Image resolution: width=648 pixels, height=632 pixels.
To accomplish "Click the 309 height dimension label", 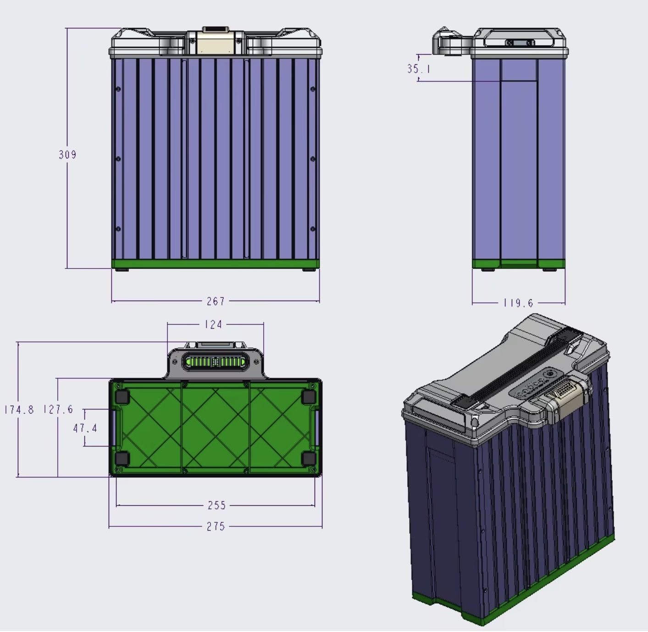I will point(67,155).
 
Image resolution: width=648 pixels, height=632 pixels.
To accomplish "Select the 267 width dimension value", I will point(216,301).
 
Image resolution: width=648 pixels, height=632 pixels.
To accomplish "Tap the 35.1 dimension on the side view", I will point(418,69).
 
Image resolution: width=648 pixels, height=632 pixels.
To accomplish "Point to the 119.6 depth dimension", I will point(518,303).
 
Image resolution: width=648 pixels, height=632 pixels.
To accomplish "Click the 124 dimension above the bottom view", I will point(213,324).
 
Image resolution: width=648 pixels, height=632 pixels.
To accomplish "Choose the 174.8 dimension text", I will point(19,409).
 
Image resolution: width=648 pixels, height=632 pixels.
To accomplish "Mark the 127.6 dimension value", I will point(58,409).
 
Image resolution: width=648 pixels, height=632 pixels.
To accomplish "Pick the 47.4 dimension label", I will point(85,428).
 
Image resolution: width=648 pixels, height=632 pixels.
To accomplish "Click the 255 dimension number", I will point(216,505).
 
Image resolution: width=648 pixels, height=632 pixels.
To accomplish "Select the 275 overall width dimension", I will point(216,526).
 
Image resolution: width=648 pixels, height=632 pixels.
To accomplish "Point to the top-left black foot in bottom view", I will point(122,397).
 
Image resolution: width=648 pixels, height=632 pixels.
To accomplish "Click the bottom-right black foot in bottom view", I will point(309,458).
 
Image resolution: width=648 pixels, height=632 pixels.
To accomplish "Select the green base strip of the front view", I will point(216,264).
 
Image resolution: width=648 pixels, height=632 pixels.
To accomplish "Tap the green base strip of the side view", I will point(518,264).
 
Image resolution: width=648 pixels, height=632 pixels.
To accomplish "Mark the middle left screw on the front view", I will point(118,159).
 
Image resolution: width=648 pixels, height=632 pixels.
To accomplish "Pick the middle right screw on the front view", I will point(313,159).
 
